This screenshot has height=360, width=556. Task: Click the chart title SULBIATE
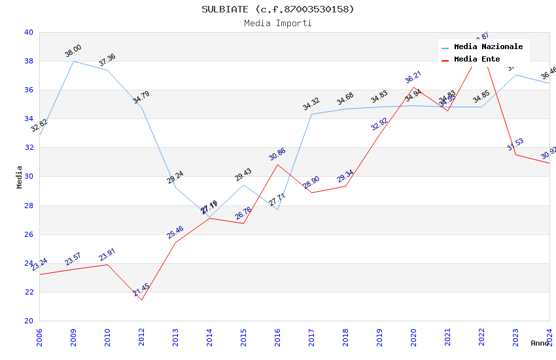(x=277, y=9)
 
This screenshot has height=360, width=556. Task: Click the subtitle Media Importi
(x=277, y=23)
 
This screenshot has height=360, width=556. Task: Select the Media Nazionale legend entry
(x=488, y=47)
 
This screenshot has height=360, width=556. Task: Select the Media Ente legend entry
(x=477, y=60)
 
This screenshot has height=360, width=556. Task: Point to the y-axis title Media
(x=20, y=177)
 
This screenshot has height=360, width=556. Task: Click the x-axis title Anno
(x=540, y=343)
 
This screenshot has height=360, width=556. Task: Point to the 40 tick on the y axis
(x=29, y=32)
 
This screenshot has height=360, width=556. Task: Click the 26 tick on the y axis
(x=29, y=234)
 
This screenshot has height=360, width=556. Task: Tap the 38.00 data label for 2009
(x=73, y=50)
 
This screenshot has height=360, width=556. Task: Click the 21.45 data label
(x=141, y=289)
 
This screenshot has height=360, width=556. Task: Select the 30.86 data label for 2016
(x=277, y=154)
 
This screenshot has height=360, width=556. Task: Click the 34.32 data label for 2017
(x=311, y=103)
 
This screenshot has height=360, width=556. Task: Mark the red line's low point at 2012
(x=141, y=300)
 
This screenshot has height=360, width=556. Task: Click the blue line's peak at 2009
(x=73, y=61)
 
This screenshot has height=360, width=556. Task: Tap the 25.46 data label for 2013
(x=175, y=232)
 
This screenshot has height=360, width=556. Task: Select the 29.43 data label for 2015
(x=243, y=174)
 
